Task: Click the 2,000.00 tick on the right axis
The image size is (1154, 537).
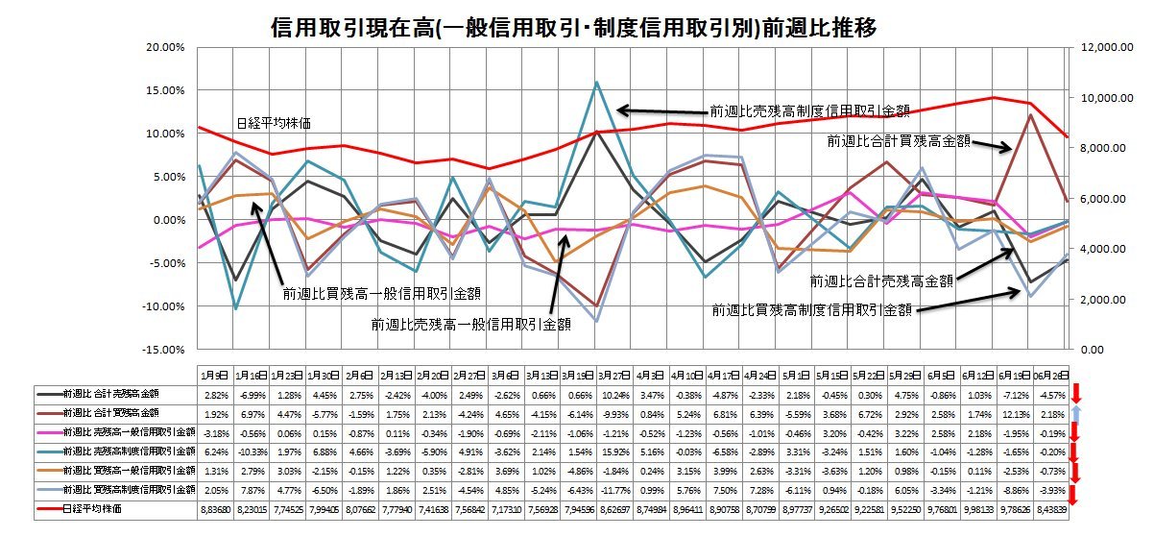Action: [1098, 299]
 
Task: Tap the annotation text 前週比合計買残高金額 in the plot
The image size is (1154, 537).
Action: [898, 141]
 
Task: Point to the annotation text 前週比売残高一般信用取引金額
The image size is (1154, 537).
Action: [471, 325]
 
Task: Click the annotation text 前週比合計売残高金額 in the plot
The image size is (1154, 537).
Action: [881, 281]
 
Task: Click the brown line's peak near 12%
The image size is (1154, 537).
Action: [1030, 115]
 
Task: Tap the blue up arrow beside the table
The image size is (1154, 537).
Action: [1077, 413]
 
